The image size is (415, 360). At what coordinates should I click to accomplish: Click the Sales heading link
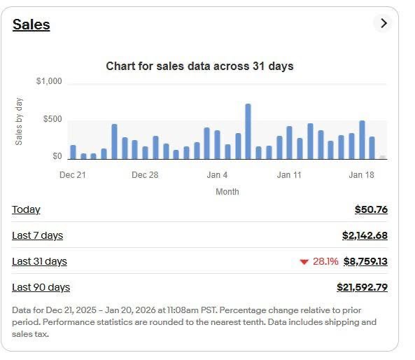click(31, 25)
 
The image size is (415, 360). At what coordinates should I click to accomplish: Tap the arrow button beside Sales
click(383, 23)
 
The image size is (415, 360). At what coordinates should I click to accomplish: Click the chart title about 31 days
click(199, 66)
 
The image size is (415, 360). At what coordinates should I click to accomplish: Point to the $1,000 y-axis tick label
click(49, 81)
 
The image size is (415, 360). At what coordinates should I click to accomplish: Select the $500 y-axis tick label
click(52, 119)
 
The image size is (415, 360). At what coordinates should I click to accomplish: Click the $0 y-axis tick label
click(57, 156)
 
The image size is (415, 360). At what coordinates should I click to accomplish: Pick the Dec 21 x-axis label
click(72, 175)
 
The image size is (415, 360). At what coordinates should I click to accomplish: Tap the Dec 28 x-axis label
click(145, 175)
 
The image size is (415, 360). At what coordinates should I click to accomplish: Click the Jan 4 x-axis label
click(217, 175)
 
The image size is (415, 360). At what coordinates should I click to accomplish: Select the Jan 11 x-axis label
click(289, 175)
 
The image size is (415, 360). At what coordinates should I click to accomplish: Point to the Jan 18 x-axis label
click(361, 175)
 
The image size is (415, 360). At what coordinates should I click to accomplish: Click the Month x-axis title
click(227, 192)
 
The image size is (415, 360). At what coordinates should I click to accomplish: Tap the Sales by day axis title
click(19, 121)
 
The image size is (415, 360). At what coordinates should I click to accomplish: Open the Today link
click(26, 209)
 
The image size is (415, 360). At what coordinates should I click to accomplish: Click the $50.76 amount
click(371, 209)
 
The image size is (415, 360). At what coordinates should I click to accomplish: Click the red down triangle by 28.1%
click(304, 262)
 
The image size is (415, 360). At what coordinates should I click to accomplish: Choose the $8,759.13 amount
click(365, 261)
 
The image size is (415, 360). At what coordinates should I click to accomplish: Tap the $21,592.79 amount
click(362, 287)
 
